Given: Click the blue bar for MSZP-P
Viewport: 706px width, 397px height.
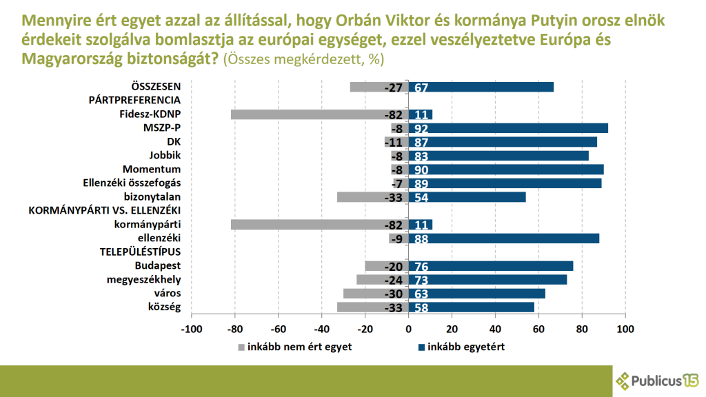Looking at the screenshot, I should (508, 128).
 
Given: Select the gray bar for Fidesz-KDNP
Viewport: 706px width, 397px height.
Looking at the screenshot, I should (319, 114).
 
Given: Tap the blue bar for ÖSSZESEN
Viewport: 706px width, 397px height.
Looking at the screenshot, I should (481, 87).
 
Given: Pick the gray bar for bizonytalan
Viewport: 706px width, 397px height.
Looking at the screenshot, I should (372, 197).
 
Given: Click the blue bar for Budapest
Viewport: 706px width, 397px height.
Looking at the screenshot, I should (491, 266).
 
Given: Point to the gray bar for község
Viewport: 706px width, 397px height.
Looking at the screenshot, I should (372, 307).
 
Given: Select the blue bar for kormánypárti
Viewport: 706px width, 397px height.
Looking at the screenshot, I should (421, 225).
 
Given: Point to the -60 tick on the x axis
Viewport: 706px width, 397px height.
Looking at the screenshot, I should (278, 329).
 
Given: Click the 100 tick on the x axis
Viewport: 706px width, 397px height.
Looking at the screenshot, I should (625, 329).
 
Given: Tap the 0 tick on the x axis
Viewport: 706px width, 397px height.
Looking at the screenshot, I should (408, 329).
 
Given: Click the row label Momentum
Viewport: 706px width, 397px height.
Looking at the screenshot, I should (152, 170).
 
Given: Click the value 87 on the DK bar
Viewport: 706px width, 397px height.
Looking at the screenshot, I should (420, 142).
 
